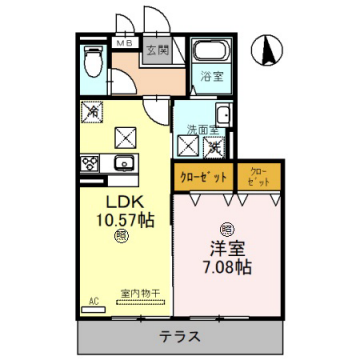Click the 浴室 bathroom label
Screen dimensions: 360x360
[211, 76]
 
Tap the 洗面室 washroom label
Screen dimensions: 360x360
[201, 128]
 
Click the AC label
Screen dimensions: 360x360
[92, 298]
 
